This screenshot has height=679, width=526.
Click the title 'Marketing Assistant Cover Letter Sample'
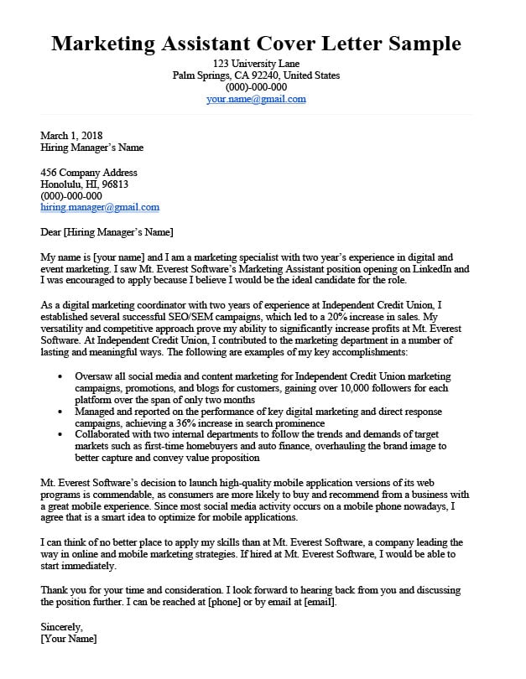[x=256, y=44]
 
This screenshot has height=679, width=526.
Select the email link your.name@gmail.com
[x=256, y=99]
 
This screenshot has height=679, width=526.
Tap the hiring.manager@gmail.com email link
[x=100, y=207]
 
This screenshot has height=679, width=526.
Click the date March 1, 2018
[x=71, y=136]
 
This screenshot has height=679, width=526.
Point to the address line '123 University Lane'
[x=256, y=64]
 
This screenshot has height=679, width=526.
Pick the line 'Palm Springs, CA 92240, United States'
[x=256, y=75]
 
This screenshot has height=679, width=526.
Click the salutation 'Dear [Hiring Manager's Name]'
[x=107, y=231]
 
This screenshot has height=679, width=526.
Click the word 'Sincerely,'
[x=62, y=627]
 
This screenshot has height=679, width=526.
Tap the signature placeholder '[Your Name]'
[x=69, y=639]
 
